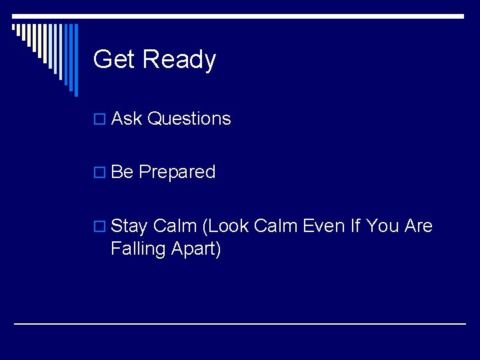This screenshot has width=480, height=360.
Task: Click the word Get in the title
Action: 114,59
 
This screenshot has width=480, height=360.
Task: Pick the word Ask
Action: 127,119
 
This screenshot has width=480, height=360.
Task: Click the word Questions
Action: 189,119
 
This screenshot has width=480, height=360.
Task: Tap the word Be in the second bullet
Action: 122,172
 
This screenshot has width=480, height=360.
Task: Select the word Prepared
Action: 177,173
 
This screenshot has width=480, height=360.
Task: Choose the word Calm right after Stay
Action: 175,226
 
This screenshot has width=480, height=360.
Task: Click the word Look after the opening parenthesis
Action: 225,227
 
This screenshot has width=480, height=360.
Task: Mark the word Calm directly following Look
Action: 275,226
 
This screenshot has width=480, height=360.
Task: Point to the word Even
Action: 323,226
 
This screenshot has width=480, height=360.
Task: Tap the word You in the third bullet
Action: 382,226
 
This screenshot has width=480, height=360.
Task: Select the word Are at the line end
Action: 419,226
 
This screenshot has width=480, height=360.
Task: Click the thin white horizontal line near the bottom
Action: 240,323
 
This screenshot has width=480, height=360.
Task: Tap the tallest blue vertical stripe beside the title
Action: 75,60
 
